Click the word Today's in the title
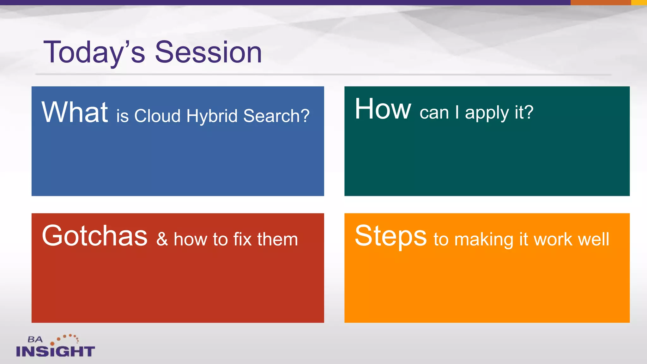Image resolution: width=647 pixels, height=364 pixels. pyautogui.click(x=94, y=53)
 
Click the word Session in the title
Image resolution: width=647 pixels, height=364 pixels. pyautogui.click(x=209, y=52)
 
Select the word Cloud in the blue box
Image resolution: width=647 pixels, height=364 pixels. pyautogui.click(x=157, y=116)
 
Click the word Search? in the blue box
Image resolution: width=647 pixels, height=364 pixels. pyautogui.click(x=276, y=116)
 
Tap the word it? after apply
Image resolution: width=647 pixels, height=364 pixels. pyautogui.click(x=524, y=112)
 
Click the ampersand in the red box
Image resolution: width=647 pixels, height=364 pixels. pyautogui.click(x=162, y=239)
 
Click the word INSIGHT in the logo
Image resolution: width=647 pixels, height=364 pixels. pyautogui.click(x=55, y=351)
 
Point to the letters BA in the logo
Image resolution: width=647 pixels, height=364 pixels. pyautogui.click(x=35, y=340)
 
